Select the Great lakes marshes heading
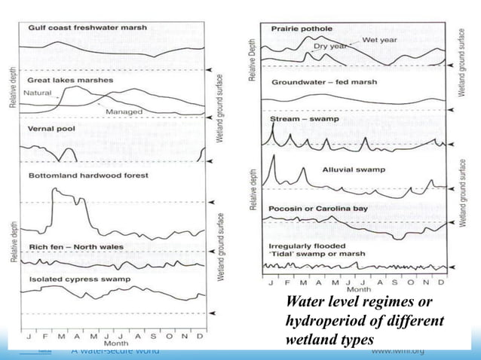(x=69, y=79)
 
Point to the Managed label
(x=124, y=111)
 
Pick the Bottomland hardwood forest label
(x=88, y=175)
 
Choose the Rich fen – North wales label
(x=75, y=247)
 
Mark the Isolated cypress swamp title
(x=79, y=279)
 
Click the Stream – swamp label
(x=303, y=119)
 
